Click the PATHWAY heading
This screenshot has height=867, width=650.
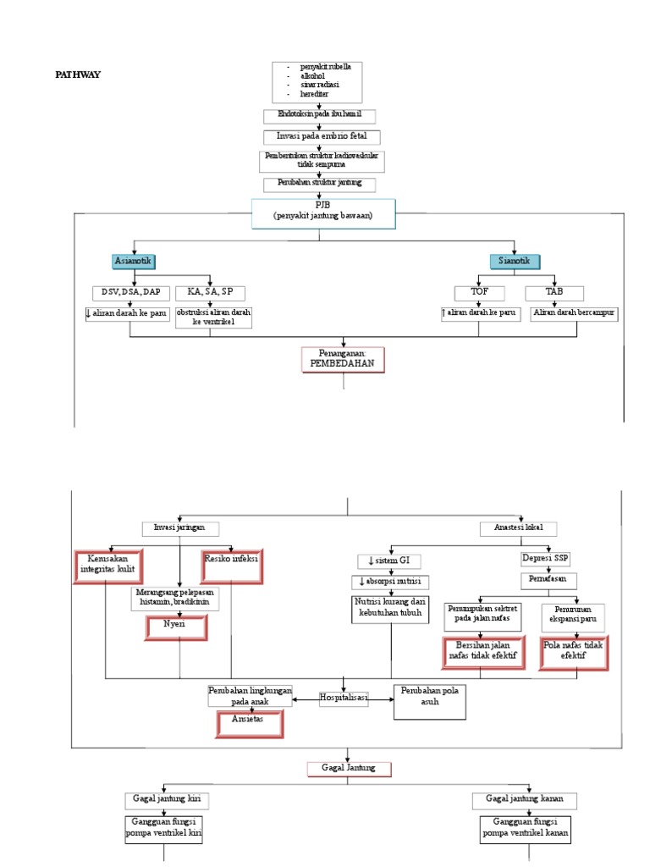click(78, 75)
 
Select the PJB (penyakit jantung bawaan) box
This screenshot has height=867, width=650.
click(322, 213)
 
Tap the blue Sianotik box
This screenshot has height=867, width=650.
click(515, 261)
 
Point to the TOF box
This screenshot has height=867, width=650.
click(479, 293)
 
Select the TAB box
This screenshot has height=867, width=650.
click(554, 293)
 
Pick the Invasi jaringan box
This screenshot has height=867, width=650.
click(179, 528)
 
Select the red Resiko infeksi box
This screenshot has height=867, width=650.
click(231, 565)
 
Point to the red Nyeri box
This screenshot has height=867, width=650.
click(174, 627)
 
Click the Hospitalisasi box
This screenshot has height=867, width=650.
click(344, 699)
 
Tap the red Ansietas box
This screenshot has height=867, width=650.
click(248, 724)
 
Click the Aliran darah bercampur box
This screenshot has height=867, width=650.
click(574, 313)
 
